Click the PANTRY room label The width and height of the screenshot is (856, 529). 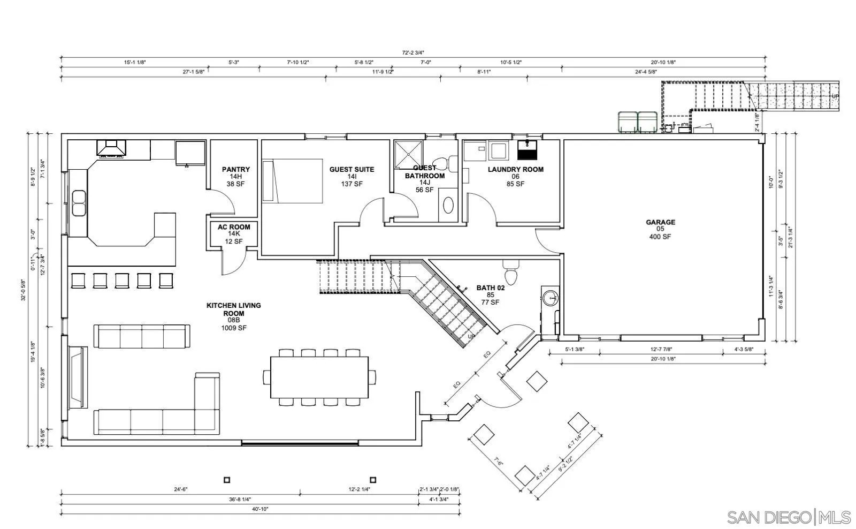click(236, 170)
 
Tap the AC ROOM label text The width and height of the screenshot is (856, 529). click(234, 227)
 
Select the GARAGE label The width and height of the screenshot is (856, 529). click(660, 222)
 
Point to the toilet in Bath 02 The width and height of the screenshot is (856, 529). click(510, 274)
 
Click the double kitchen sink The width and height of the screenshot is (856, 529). click(79, 203)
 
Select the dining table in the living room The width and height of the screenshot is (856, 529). click(319, 377)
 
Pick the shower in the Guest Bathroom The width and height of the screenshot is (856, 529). click(408, 155)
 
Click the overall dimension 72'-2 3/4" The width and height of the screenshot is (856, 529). click(413, 53)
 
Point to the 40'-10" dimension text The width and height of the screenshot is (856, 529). click(259, 509)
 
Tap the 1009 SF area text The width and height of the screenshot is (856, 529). click(234, 328)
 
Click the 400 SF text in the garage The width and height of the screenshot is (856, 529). click(660, 237)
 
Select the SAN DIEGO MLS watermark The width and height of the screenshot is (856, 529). click(789, 517)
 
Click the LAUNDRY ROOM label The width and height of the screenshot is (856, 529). click(515, 170)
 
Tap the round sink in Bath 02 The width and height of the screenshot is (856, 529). click(550, 298)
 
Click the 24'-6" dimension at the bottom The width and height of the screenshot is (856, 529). click(181, 489)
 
